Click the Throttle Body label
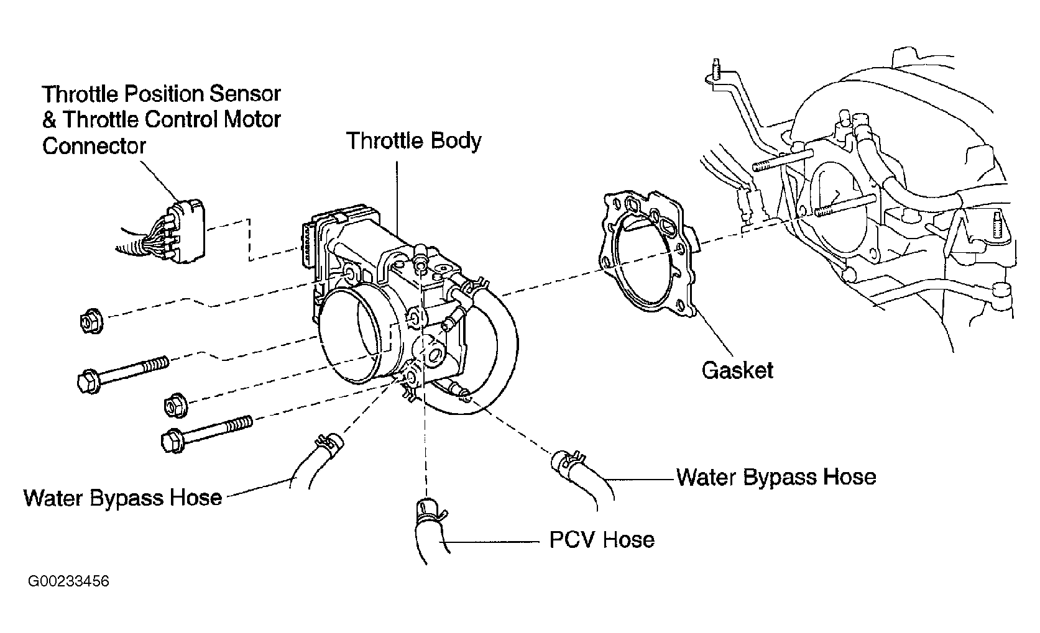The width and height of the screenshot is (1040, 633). click(413, 140)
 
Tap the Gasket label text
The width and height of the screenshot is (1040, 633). click(737, 370)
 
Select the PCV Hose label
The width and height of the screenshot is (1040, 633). click(602, 540)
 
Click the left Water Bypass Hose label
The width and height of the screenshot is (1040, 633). click(122, 498)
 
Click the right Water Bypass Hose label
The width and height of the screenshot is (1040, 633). click(776, 477)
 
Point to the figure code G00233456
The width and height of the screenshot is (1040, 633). click(69, 581)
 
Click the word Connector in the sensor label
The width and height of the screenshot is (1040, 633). click(94, 146)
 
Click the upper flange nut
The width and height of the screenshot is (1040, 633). click(91, 321)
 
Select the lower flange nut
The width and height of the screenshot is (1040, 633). click(176, 406)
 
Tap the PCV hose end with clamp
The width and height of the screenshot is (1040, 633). click(430, 529)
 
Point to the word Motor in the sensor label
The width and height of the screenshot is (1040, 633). click(252, 119)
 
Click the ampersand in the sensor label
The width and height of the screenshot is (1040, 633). click(49, 120)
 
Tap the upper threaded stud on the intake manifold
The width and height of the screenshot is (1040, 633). click(783, 160)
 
